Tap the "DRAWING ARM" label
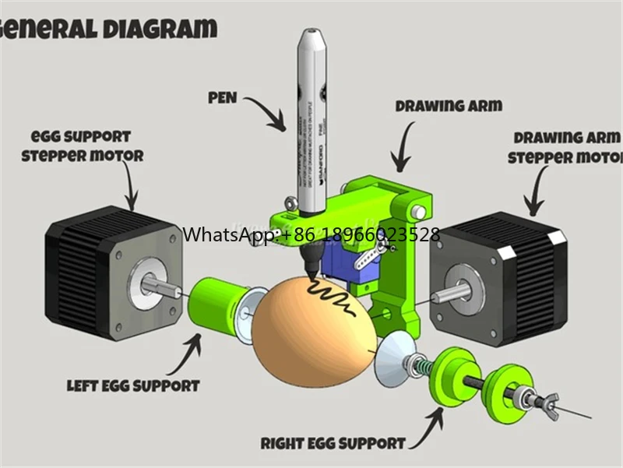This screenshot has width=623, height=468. (x=449, y=105)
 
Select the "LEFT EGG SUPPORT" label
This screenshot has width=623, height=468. (x=133, y=385)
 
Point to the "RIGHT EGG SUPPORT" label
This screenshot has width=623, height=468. (x=333, y=443)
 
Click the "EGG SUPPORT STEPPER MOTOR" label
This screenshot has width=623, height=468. (x=82, y=146)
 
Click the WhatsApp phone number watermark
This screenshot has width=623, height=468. (x=311, y=234)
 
